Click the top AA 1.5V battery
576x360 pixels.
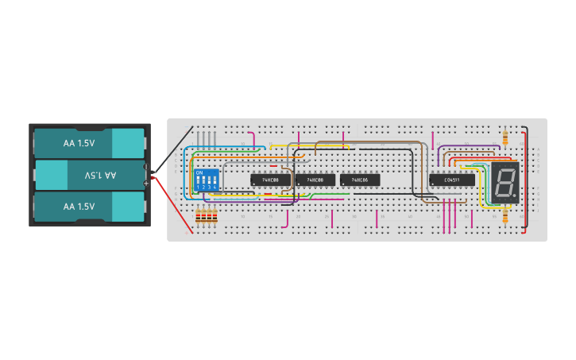87,143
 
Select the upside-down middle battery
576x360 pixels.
87,175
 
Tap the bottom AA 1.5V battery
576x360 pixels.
87,207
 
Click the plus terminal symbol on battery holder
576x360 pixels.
146,183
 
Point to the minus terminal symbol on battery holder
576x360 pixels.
146,167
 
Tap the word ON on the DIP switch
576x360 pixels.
199,172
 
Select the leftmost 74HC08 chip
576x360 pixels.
270,180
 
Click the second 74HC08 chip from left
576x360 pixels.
315,180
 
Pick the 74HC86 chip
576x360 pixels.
359,180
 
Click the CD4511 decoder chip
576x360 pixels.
452,180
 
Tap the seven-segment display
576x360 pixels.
504,184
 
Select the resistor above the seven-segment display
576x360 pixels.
506,137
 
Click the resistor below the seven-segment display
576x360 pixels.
506,215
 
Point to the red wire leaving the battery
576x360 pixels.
167,203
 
